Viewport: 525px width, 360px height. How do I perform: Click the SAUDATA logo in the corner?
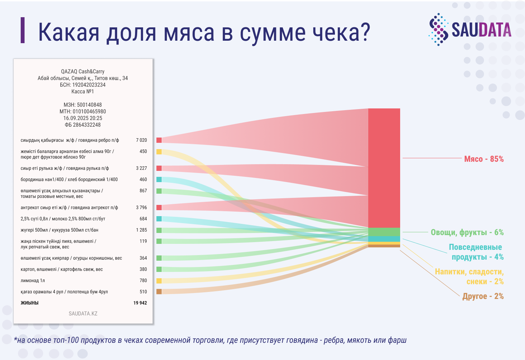click(469, 29)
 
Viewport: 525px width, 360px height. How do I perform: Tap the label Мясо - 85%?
click(484, 159)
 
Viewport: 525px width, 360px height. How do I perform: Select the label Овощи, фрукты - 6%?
click(467, 232)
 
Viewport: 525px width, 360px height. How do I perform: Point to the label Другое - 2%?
click(483, 296)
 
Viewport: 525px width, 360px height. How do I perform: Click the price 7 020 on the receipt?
click(141, 140)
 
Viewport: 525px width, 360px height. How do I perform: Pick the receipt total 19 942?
click(140, 303)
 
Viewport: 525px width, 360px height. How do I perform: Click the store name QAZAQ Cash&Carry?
click(83, 72)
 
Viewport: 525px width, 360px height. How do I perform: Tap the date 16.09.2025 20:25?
click(83, 118)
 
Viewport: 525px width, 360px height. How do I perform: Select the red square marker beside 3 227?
click(159, 168)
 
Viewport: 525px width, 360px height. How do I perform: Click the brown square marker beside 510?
click(159, 292)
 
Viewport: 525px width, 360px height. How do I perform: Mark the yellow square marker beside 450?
click(159, 152)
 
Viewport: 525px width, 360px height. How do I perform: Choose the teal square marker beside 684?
click(159, 219)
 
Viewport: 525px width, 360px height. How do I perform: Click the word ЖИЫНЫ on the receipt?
click(29, 303)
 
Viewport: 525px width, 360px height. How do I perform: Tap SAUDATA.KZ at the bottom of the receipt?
click(83, 314)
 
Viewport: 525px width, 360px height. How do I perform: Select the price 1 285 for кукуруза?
click(141, 230)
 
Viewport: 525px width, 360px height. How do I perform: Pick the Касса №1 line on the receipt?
click(83, 92)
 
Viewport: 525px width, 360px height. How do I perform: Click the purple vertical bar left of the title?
click(23, 30)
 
